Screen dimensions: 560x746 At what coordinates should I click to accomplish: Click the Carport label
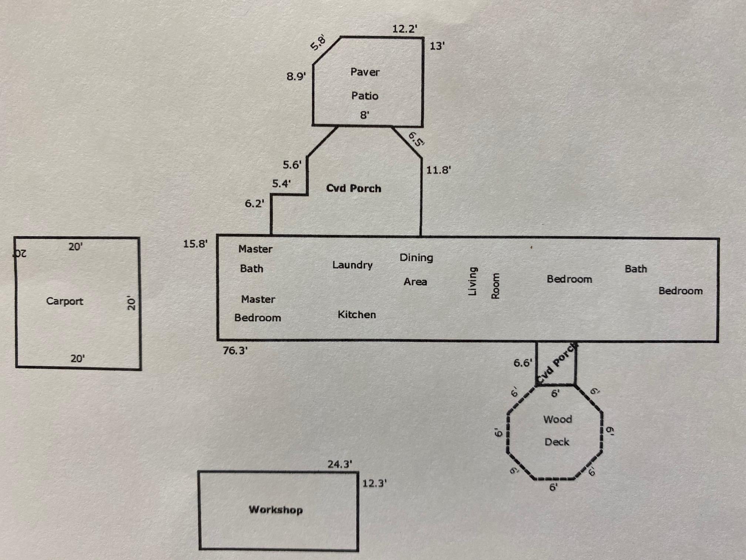coord(64,301)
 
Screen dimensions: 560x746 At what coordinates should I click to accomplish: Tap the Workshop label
coord(276,510)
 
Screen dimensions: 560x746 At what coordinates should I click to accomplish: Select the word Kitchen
coord(357,314)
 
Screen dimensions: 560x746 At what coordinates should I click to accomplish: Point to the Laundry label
coord(352,265)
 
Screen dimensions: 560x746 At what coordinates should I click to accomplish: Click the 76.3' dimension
coord(235,350)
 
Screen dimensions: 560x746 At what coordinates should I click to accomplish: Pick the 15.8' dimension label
coord(195,244)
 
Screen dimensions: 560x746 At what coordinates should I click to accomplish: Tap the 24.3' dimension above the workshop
coord(340,464)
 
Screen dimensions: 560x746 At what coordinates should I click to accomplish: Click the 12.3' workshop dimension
coord(374,483)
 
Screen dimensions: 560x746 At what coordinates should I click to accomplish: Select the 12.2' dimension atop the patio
coord(405,29)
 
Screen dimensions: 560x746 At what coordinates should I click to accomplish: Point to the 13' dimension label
coord(437,46)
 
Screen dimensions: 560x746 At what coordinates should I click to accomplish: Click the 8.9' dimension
coord(296,77)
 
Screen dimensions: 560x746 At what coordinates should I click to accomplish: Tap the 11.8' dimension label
coord(438,170)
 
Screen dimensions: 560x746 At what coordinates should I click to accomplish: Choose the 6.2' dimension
coord(255,203)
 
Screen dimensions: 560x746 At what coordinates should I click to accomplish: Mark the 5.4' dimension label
coord(281,183)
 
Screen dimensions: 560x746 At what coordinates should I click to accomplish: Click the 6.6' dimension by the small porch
coord(522,363)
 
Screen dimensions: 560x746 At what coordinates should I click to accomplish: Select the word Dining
coord(416,257)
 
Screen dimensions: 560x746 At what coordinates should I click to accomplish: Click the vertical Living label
coord(472,281)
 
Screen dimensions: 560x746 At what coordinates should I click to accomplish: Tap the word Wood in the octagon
coord(557,419)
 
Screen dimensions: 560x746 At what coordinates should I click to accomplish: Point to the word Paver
coord(365,72)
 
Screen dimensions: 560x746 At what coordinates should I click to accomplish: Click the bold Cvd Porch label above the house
coord(353,188)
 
